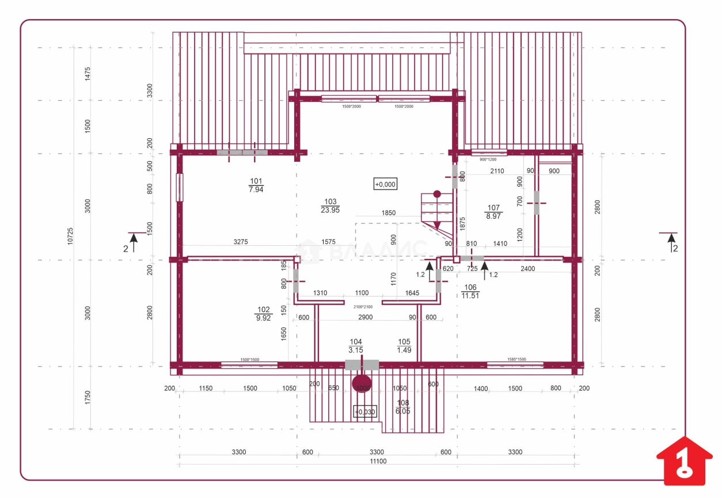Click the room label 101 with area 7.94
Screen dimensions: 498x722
256,185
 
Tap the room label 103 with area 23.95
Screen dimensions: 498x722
330,206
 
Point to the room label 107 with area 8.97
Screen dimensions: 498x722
493,212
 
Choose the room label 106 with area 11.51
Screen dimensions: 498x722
470,291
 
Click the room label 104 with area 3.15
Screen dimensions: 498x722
355,345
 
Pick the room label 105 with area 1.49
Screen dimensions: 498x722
404,345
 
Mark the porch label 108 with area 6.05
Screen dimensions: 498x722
402,407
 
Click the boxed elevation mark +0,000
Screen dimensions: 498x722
385,184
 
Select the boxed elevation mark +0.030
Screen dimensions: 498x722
364,412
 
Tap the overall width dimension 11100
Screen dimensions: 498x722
378,461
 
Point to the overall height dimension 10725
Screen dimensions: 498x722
70,236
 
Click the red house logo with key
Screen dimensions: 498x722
684,461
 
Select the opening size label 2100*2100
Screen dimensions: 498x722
363,307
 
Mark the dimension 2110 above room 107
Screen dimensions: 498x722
497,171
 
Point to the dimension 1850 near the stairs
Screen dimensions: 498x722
389,213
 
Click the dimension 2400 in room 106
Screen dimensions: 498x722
527,268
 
